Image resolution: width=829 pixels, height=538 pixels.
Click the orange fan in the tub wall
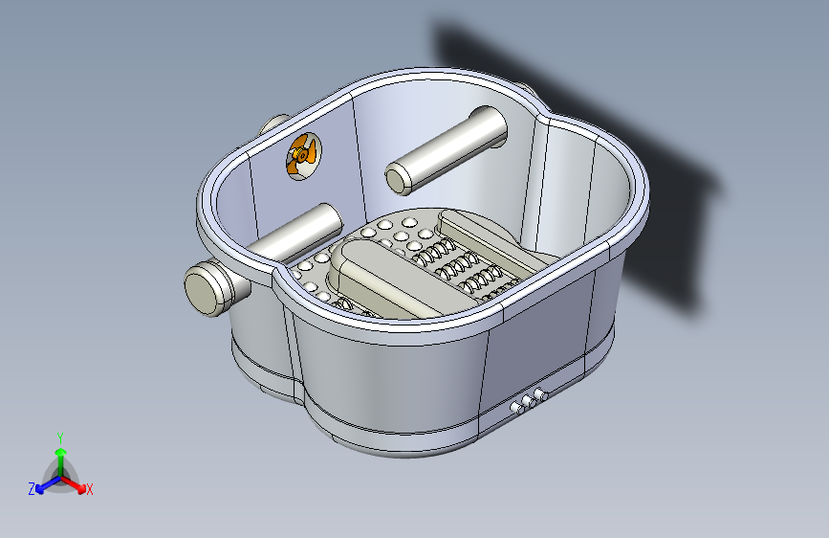(x=303, y=156)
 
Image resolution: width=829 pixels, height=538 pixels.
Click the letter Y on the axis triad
(x=60, y=437)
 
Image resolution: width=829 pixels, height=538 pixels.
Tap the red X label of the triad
(x=89, y=490)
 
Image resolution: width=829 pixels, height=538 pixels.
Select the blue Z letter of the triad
(x=32, y=489)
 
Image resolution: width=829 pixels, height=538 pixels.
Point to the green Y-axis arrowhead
(x=61, y=453)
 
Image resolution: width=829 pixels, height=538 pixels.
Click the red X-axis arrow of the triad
(x=74, y=484)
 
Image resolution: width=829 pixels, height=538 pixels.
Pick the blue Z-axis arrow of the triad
(x=49, y=484)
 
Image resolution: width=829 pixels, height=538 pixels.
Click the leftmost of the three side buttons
(x=515, y=408)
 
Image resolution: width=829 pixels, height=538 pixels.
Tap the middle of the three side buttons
(x=528, y=401)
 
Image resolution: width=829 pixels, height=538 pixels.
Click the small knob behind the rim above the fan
(x=273, y=125)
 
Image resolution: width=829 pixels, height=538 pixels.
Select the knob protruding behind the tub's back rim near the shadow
(x=524, y=88)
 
